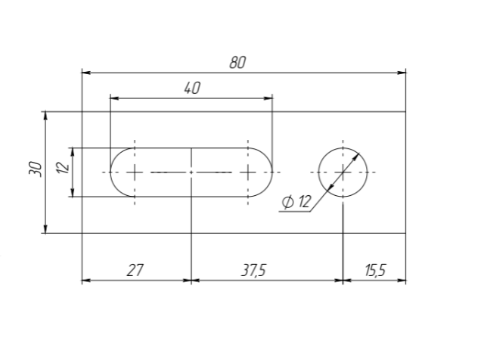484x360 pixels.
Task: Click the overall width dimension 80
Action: click(237, 62)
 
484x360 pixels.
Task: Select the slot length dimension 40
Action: click(192, 88)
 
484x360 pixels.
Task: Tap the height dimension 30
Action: click(36, 169)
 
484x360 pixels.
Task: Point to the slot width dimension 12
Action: click(64, 167)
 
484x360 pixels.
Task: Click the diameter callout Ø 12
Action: click(296, 202)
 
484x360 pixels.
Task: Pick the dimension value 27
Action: click(135, 270)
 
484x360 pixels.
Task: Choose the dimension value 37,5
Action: click(253, 270)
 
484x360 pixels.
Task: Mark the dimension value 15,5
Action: click(375, 270)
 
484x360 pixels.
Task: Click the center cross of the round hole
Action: click(343, 172)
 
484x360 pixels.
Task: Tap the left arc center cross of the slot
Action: click(135, 172)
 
